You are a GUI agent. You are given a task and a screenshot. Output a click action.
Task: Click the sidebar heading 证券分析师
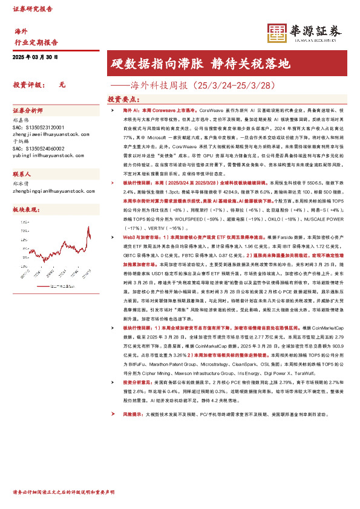(28, 111)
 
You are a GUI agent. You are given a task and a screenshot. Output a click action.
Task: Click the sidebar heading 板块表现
(25, 209)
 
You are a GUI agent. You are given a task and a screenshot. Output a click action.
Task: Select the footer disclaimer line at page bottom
(64, 493)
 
